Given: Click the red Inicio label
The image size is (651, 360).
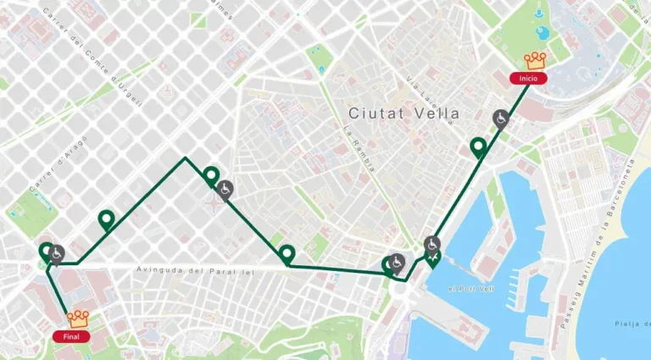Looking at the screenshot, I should pyautogui.click(x=528, y=78).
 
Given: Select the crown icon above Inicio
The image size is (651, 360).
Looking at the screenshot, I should pyautogui.click(x=535, y=60).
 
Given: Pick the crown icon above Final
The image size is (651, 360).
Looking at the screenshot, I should pyautogui.click(x=79, y=318).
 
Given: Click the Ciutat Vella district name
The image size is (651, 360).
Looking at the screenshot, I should pyautogui.click(x=404, y=113).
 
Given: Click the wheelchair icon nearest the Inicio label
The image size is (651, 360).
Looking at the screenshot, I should pyautogui.click(x=501, y=118).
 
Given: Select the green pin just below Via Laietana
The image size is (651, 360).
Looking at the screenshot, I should pyautogui.click(x=479, y=148).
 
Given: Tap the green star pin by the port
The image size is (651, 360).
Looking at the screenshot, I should pyautogui.click(x=434, y=258).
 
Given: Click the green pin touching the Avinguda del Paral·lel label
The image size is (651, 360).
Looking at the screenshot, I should pyautogui.click(x=287, y=254).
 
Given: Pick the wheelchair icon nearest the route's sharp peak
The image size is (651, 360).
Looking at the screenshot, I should pyautogui.click(x=225, y=189).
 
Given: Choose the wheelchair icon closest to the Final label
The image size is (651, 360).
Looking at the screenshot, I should pyautogui.click(x=57, y=252).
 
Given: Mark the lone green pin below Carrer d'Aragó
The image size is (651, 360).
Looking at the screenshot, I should pyautogui.click(x=106, y=220).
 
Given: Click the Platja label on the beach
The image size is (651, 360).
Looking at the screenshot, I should pyautogui.click(x=632, y=324).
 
